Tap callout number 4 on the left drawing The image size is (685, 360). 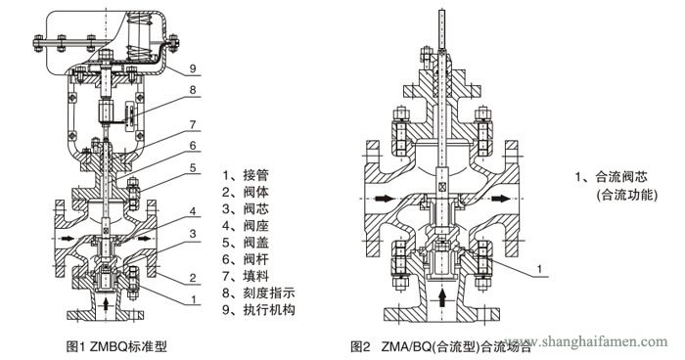point(194,210)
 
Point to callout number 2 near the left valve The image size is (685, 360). point(194,278)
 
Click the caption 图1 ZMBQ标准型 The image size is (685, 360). point(117,346)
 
